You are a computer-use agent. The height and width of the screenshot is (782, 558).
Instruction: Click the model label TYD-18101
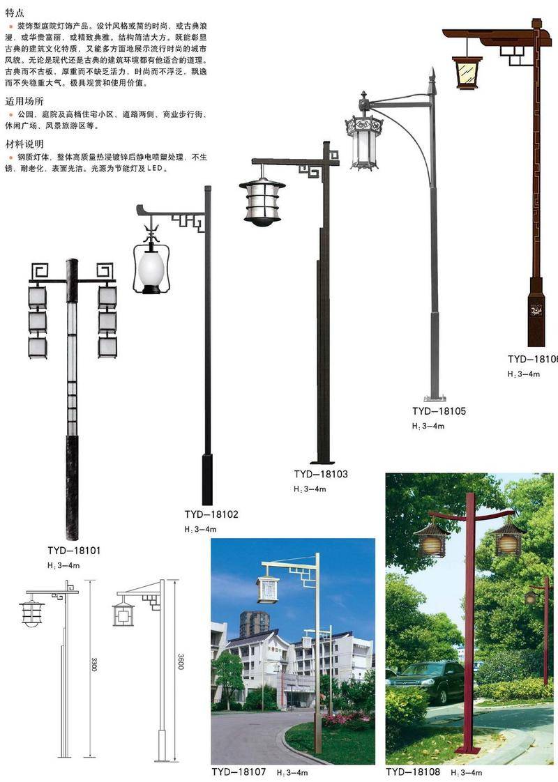click(74, 551)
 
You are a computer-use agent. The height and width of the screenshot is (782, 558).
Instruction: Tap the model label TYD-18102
click(211, 514)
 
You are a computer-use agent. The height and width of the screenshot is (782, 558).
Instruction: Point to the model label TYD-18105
click(439, 411)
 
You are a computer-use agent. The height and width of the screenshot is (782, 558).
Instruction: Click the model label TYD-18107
click(239, 772)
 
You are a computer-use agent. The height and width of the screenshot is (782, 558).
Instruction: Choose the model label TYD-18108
click(413, 772)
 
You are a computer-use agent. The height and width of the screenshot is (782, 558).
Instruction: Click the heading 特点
click(14, 12)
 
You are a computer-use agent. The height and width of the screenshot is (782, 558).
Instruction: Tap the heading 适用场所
click(24, 101)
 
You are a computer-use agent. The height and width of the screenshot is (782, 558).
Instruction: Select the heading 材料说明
click(24, 144)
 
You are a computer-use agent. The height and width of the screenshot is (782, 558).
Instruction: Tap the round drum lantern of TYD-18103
click(262, 200)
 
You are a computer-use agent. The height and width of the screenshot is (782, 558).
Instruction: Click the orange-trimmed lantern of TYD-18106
click(467, 72)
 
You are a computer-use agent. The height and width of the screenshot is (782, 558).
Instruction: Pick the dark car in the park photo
click(425, 680)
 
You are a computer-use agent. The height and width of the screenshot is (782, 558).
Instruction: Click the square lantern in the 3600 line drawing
click(124, 615)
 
